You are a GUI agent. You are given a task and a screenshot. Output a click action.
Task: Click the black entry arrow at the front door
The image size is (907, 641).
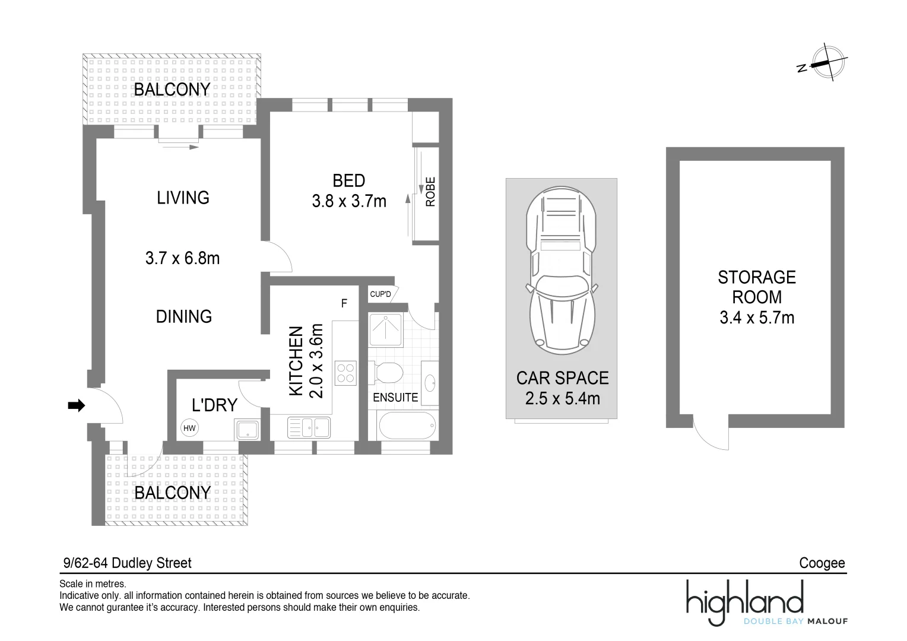(77, 406)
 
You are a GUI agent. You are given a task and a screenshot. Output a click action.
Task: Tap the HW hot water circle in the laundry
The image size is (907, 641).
(189, 428)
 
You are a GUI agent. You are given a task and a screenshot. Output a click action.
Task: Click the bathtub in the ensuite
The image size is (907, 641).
(407, 426)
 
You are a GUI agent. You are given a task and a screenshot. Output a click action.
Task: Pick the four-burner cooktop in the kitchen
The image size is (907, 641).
(345, 373)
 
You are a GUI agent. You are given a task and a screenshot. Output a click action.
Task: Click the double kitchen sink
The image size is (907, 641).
(309, 427)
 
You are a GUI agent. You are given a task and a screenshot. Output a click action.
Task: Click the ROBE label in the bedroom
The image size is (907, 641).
(430, 192)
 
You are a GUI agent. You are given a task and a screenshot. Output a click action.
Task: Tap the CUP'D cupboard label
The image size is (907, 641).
(380, 294)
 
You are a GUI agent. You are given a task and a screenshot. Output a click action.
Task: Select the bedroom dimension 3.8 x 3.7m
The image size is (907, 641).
(349, 201)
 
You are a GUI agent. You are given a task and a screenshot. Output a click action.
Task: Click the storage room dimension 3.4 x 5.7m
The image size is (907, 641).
(757, 318)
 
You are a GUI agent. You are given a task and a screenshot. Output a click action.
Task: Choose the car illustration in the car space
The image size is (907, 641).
(561, 267)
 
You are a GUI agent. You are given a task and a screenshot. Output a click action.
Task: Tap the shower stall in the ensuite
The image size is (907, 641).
(386, 329)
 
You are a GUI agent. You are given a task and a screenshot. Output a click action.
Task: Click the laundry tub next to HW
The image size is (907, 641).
(246, 429)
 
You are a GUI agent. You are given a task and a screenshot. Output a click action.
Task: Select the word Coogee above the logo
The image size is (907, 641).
(822, 563)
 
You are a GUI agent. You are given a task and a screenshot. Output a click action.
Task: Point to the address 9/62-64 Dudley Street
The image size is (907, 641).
(127, 563)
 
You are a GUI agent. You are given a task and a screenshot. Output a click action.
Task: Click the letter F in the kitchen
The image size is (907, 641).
(344, 303)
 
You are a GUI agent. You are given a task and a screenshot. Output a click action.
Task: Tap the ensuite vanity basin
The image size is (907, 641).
(430, 382)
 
